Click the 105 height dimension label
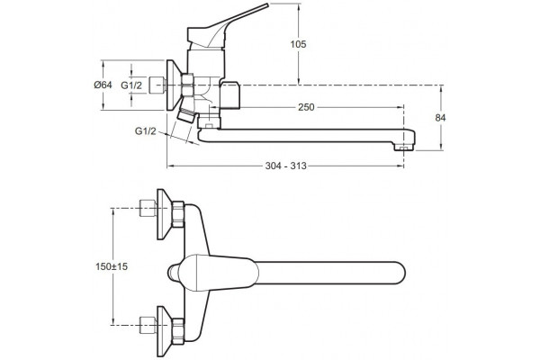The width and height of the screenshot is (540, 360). tap(298, 44)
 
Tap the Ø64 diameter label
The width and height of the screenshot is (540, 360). tap(103, 85)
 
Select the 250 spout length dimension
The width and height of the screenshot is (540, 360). tap(306, 107)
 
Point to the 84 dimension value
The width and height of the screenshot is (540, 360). tap(440, 118)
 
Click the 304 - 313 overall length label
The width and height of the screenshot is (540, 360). tap(286, 166)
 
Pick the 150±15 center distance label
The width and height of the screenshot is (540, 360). tap(112, 266)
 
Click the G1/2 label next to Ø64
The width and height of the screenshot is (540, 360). tap(131, 85)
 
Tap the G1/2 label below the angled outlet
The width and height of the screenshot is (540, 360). tap(145, 131)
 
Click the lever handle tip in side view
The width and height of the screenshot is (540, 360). tap(267, 4)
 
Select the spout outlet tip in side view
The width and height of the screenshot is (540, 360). tap(404, 148)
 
